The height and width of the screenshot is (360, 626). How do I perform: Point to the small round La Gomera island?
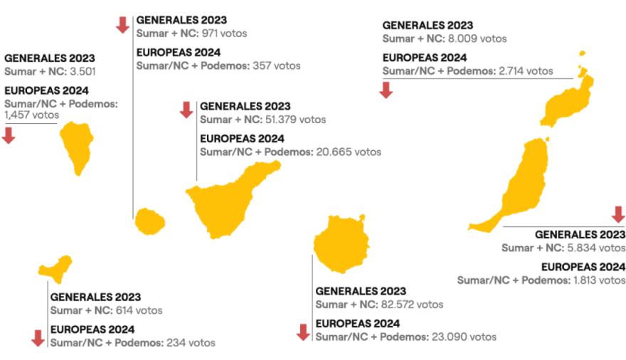click(x=149, y=221)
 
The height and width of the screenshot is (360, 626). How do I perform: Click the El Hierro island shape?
click(x=55, y=268)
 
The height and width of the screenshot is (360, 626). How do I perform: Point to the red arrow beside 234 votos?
click(x=38, y=339)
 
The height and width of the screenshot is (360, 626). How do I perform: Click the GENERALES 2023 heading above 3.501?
click(x=49, y=58)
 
